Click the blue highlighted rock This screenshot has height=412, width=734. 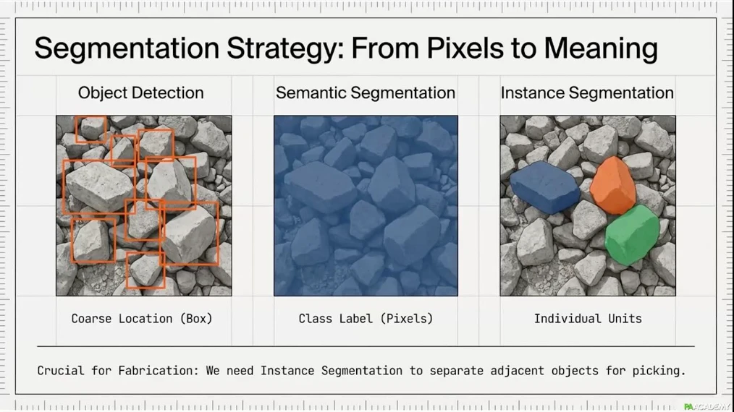point(544,187)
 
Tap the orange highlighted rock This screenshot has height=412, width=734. point(613,186)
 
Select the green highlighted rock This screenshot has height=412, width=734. point(632,235)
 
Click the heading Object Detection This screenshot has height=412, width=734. point(141,93)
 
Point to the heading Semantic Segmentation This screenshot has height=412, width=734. point(366,93)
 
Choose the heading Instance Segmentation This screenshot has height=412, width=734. point(588,93)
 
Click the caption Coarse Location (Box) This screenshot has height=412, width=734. point(142,319)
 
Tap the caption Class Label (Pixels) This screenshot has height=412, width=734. point(366,319)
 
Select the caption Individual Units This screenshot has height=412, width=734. point(588,319)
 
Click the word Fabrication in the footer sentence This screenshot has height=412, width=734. point(159,370)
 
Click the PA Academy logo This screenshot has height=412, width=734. point(706,406)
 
